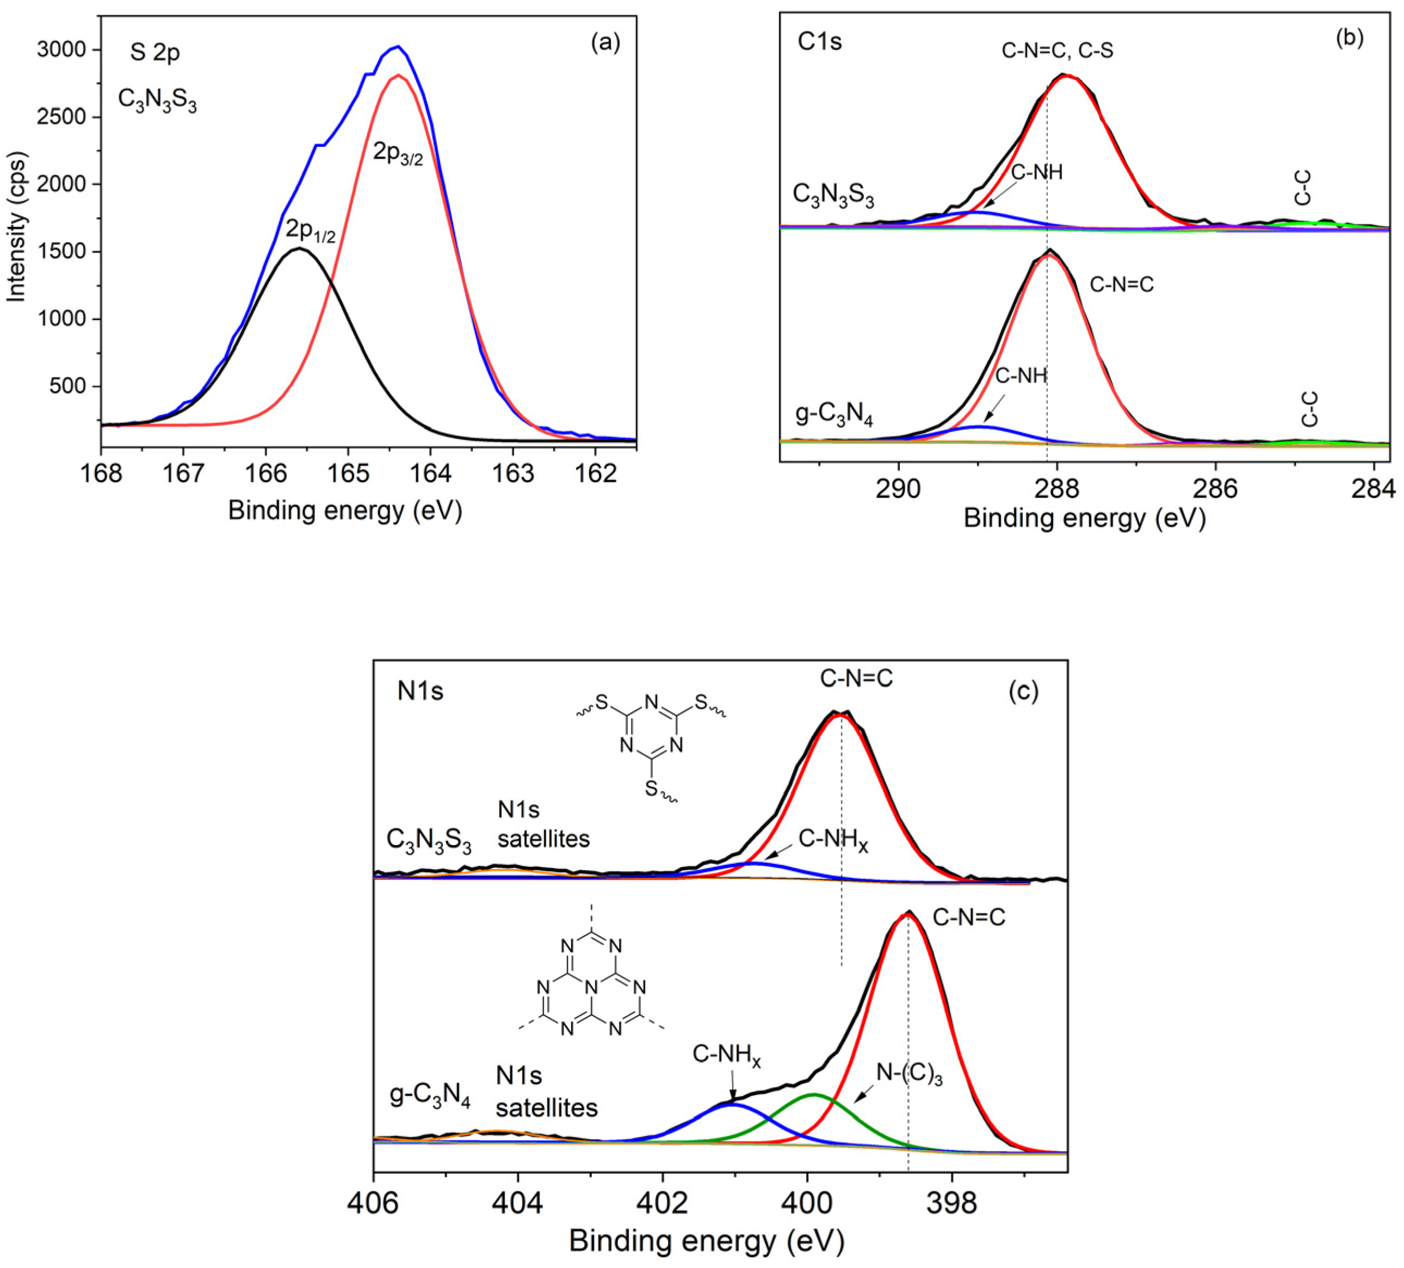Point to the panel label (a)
pyautogui.click(x=604, y=43)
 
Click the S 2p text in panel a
pyautogui.click(x=154, y=52)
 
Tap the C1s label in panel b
pyautogui.click(x=820, y=42)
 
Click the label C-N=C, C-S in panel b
pyautogui.click(x=1057, y=50)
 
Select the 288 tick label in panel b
pyautogui.click(x=1057, y=489)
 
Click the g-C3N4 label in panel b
pyautogui.click(x=833, y=417)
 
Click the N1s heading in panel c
pyautogui.click(x=420, y=691)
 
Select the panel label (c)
pyautogui.click(x=1023, y=691)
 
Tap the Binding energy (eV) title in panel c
pyautogui.click(x=706, y=1241)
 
